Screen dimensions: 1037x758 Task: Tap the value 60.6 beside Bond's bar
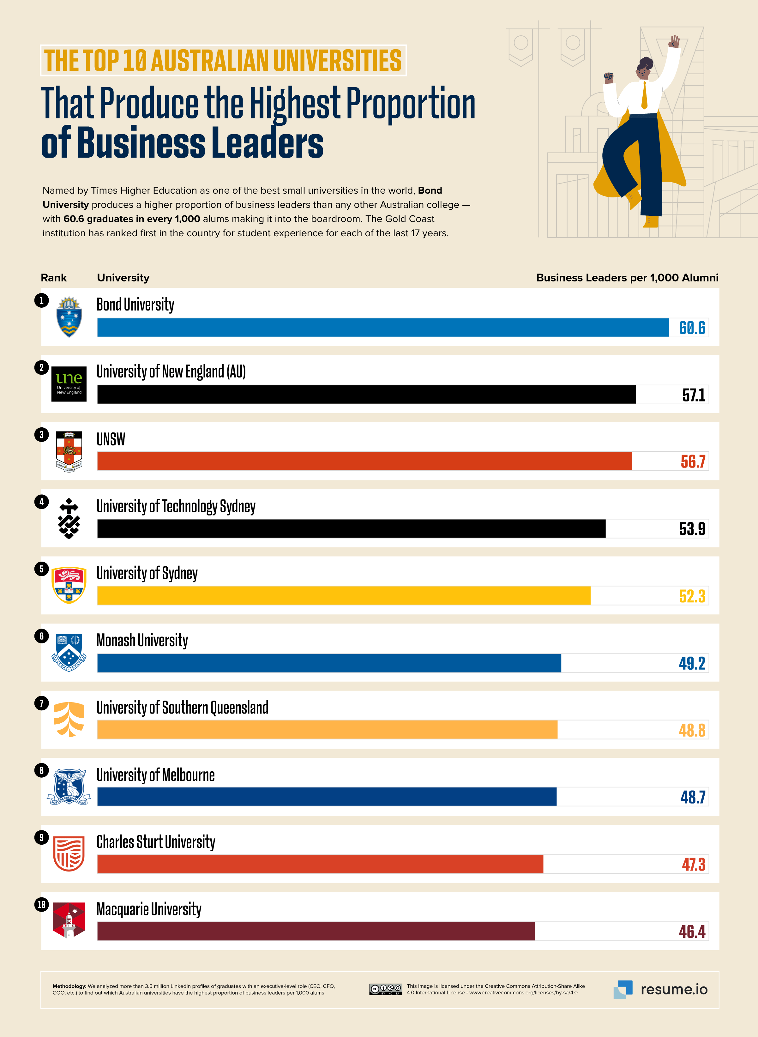(x=692, y=328)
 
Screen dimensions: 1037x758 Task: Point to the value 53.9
(x=692, y=528)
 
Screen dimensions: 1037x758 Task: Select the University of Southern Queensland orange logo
(x=69, y=719)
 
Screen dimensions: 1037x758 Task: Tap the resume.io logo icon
(x=623, y=989)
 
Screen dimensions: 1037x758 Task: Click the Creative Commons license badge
(x=385, y=989)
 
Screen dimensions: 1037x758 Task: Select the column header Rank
(x=54, y=278)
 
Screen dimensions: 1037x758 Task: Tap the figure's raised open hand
(x=674, y=41)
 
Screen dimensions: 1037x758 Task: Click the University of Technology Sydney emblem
(x=69, y=519)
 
